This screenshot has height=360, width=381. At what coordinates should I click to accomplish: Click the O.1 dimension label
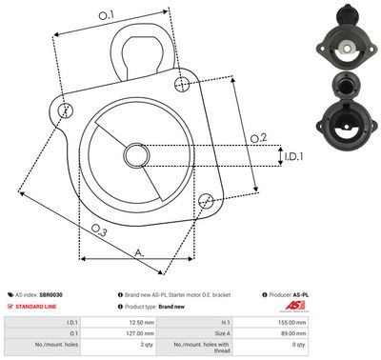(106, 15)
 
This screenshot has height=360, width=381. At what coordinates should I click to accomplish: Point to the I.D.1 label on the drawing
(293, 155)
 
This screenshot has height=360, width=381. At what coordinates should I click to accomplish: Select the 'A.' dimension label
(139, 251)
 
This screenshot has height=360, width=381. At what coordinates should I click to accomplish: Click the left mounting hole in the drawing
(65, 110)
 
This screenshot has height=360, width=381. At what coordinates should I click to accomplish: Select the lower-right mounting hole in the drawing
(207, 200)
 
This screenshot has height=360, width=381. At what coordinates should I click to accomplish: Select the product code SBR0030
(66, 296)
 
